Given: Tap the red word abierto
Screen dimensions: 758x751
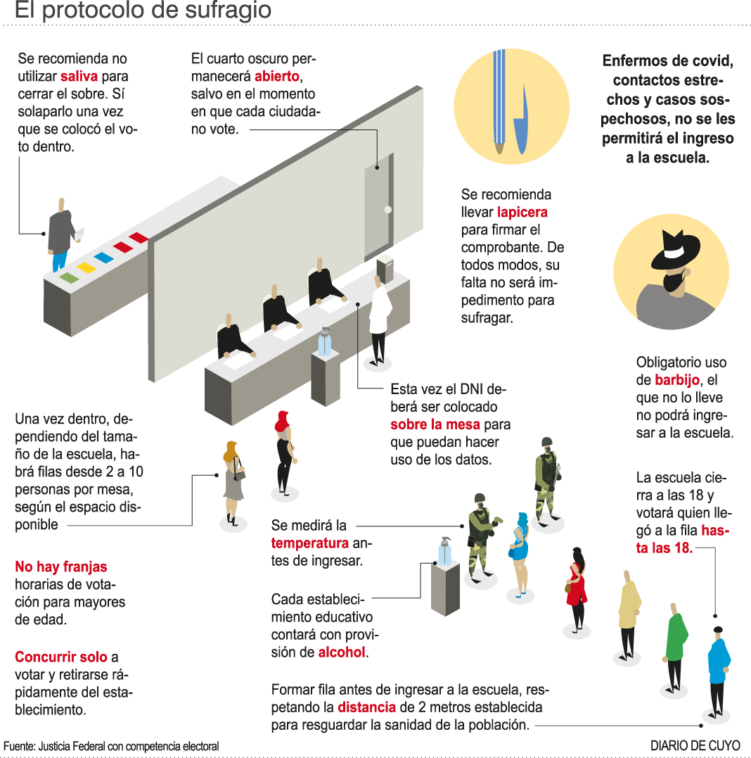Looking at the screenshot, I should coord(278,76).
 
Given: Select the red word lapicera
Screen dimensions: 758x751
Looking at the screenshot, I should coord(522,212).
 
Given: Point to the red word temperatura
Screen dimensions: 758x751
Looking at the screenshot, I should coord(310,543).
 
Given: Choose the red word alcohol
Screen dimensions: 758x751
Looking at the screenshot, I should coord(342,652).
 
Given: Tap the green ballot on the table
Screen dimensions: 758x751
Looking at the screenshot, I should coord(69,277).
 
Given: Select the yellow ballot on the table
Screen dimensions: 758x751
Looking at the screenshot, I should coord(86,267).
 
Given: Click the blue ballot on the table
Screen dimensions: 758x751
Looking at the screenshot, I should coord(104,258).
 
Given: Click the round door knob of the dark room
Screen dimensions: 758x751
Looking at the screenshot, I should coord(387,209).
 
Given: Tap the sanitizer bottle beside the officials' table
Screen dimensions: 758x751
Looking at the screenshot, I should coord(324,342).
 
